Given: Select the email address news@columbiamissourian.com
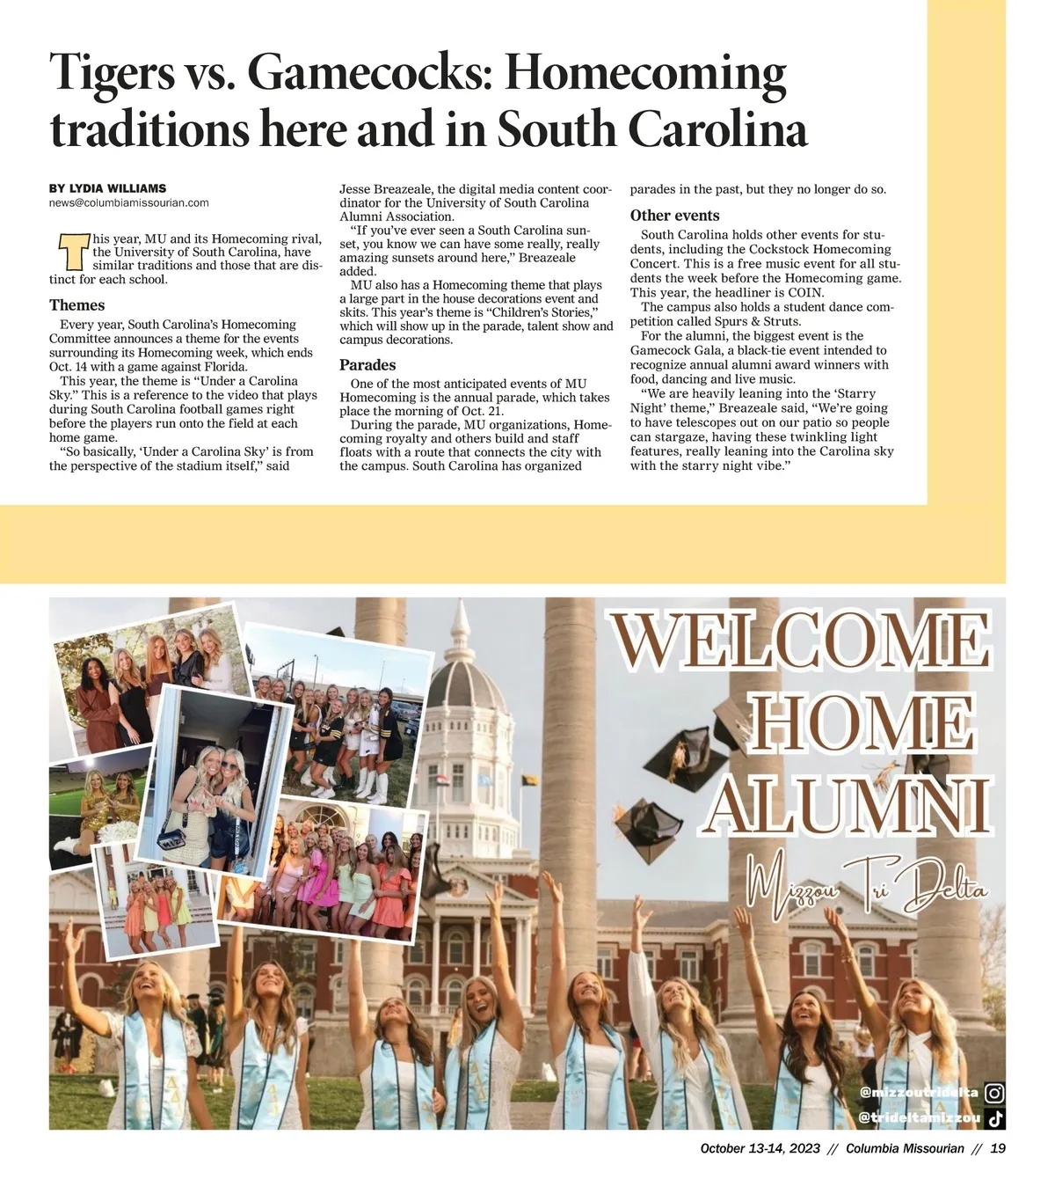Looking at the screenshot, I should click(129, 202).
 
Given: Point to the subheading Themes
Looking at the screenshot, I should click(76, 305).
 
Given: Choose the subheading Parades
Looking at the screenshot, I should click(367, 365).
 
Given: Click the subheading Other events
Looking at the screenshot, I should click(674, 216).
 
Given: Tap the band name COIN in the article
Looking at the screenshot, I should click(805, 293).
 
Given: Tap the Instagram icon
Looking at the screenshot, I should click(994, 1093).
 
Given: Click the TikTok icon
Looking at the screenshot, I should click(994, 1118).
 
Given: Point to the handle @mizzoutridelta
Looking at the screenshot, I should click(919, 1093).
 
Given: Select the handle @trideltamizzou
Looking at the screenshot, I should click(919, 1118).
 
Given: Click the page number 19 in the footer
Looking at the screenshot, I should click(998, 1148).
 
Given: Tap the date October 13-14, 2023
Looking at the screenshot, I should click(760, 1148).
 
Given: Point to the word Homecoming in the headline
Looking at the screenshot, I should click(645, 73).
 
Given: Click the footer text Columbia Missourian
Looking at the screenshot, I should click(905, 1148).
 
